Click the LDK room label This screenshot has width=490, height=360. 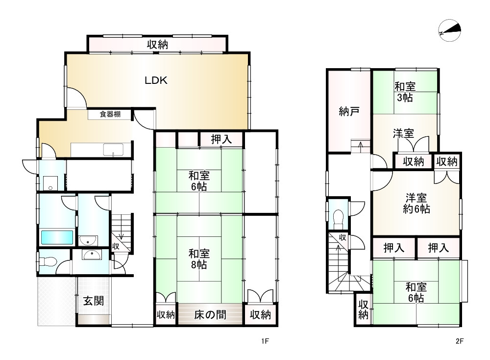point(156,81)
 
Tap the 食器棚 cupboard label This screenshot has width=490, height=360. point(110,115)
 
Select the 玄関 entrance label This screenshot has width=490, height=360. point(93,301)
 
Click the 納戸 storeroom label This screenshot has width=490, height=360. point(349,111)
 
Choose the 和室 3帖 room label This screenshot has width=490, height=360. point(405,92)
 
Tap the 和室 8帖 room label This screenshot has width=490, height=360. point(199,259)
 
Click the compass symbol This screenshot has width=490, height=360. point(450,31)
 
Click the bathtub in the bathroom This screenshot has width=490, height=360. point(57,237)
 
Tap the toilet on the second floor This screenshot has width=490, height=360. point(338,217)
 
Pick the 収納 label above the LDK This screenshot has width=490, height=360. point(157,45)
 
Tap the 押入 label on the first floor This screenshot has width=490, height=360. point(221,139)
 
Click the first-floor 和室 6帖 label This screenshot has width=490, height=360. point(199,180)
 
